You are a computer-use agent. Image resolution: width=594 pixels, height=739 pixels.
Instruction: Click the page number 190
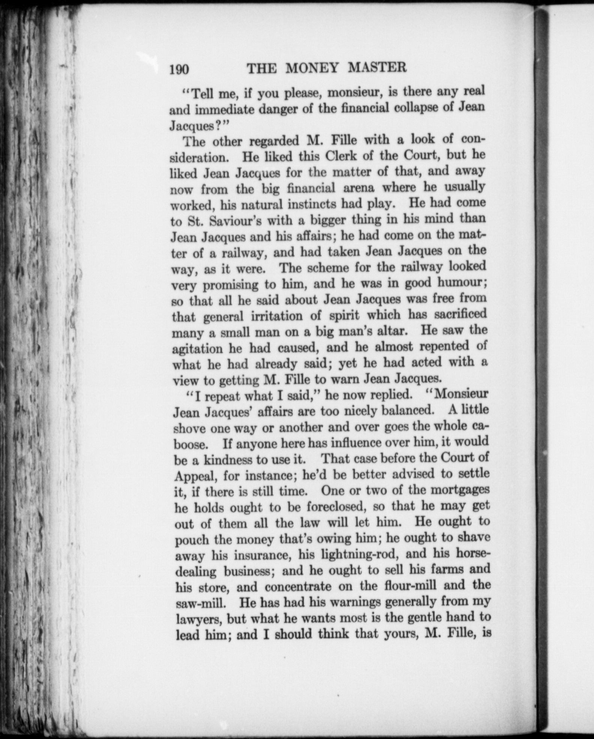(179, 69)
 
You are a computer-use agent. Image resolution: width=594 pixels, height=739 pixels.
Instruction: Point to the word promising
(231, 285)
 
